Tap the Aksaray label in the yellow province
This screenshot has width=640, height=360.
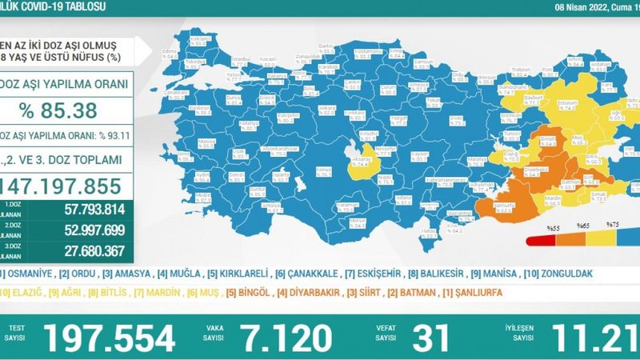coord(358,158)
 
